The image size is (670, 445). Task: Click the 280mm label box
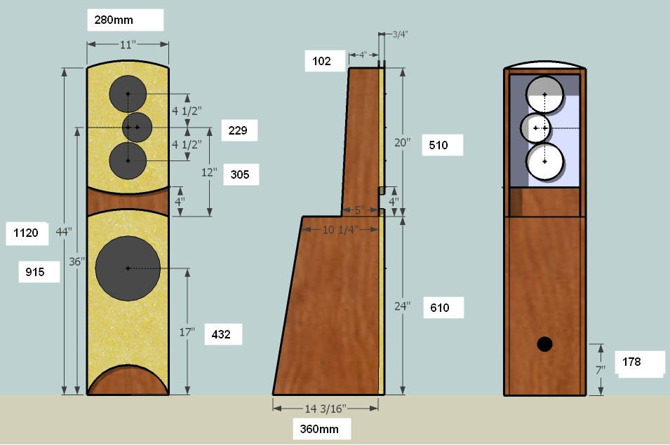point(126,20)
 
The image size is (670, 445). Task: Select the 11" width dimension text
point(127,45)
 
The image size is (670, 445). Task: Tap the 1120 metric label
point(26,233)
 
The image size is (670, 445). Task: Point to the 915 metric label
point(39,272)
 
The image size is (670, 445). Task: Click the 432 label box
point(222,335)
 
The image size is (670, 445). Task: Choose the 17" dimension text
point(187,333)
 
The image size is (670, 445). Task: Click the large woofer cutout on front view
point(127,268)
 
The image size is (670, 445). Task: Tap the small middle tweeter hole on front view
point(137,127)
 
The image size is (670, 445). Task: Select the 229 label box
point(239,130)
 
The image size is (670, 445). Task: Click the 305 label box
point(241,174)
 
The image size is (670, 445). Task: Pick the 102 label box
point(326,61)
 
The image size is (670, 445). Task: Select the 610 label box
point(444,307)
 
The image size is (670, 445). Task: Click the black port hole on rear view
point(544,344)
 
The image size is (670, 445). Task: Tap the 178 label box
point(638,363)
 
